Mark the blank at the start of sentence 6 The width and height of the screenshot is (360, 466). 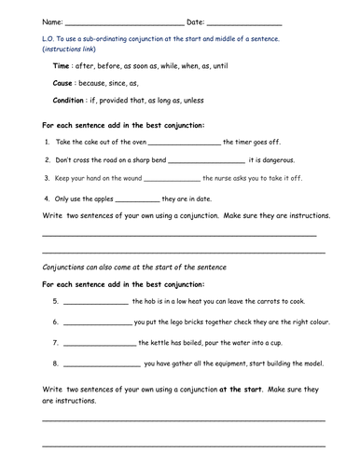point(98,323)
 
